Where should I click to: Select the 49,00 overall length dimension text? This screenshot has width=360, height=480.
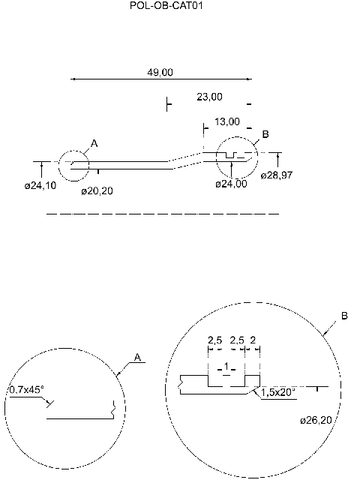(x=160, y=72)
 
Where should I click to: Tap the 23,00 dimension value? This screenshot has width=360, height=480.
(x=209, y=97)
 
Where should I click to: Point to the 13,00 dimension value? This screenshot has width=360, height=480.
(x=227, y=121)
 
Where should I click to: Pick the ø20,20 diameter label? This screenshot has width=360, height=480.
(x=97, y=191)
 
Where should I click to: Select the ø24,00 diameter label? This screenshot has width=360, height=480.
(x=231, y=184)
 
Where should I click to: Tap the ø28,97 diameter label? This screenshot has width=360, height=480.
(x=277, y=175)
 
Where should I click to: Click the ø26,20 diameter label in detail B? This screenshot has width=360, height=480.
(x=315, y=419)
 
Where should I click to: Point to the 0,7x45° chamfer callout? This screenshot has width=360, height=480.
(x=26, y=390)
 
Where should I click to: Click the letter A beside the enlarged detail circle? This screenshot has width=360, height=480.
(x=137, y=357)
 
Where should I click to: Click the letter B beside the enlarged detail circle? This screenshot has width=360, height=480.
(x=344, y=316)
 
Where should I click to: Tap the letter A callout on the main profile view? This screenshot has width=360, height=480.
(x=94, y=142)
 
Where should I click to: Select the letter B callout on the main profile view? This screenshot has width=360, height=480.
(x=265, y=135)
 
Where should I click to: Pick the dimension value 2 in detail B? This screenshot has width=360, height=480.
(x=253, y=340)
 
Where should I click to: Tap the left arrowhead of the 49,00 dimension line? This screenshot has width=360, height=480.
(x=73, y=78)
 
